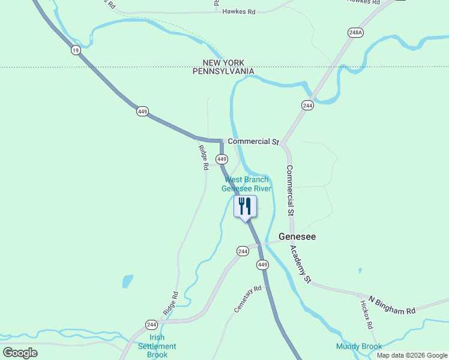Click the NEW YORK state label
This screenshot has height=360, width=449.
pos(223,62)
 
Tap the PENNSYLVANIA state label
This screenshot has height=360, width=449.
pos(223,71)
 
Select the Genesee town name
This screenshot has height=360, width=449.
pos(297,236)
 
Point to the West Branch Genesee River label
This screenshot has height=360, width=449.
pos(247,184)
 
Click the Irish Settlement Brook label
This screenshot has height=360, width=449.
pos(157,346)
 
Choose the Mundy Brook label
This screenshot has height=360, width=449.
pos(359,346)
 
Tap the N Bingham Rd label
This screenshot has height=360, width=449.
pos(391,305)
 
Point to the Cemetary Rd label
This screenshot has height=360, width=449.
pos(249,298)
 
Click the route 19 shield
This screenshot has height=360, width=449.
pos(75,50)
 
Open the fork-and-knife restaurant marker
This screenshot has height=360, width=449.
pos(245,206)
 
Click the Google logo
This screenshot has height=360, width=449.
pos(20,353)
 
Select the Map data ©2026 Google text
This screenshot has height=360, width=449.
pos(411,355)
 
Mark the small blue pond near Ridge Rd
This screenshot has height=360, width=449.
pos(127,281)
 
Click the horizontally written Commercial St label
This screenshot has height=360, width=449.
pos(253,142)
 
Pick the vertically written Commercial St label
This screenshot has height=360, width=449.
pos(290,190)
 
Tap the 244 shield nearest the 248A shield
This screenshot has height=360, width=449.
pos(308,105)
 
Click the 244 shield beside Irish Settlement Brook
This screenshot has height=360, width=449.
pos(151,325)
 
